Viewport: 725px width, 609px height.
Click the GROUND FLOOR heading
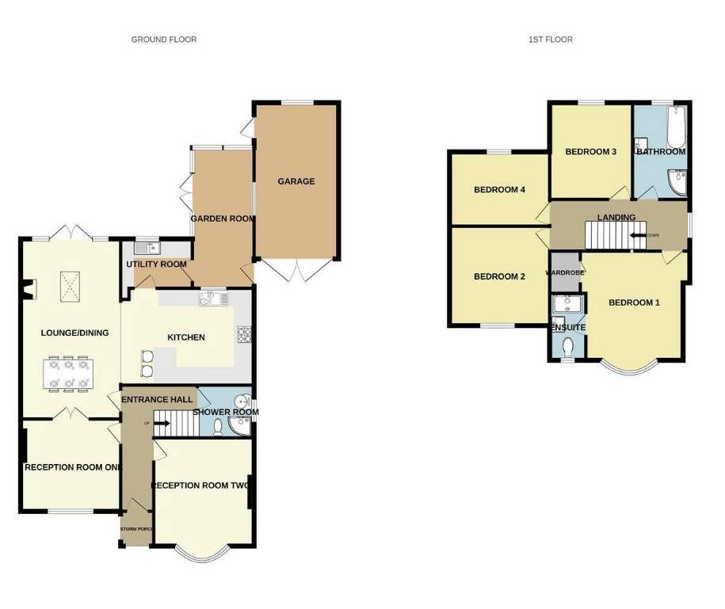[x=164, y=39]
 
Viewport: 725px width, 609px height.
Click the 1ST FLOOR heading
[x=550, y=39]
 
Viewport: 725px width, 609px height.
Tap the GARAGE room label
[x=296, y=181]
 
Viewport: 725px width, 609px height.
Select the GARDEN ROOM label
[x=223, y=219]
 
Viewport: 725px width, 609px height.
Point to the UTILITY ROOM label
[x=156, y=265]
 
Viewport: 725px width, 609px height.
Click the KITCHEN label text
[x=186, y=337]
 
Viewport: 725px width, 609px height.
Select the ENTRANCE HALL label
[x=157, y=400]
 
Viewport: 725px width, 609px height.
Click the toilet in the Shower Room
[x=219, y=426]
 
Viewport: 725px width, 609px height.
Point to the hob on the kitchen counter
[x=244, y=335]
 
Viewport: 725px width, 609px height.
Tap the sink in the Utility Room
[x=147, y=247]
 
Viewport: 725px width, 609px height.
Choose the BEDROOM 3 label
[x=590, y=151]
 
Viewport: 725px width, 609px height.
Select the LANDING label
[x=616, y=217]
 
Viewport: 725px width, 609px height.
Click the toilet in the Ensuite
[x=567, y=347]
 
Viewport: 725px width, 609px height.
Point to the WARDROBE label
[x=565, y=272]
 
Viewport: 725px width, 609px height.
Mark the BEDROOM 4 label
[x=499, y=190]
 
